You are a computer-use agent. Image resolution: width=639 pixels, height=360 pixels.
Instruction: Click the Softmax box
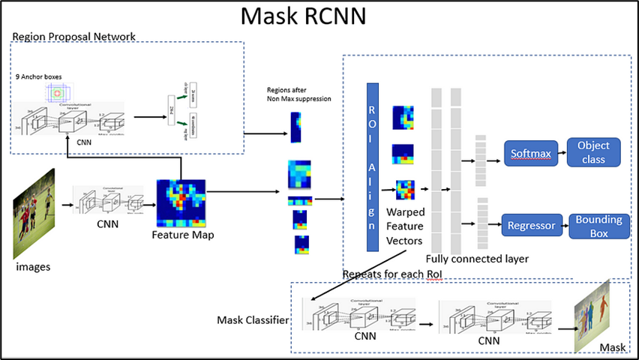(531, 154)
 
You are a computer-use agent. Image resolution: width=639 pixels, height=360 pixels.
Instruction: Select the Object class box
(594, 152)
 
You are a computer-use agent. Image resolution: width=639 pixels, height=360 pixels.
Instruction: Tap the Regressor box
(531, 224)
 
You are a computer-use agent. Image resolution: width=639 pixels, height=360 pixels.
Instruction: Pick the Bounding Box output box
(598, 226)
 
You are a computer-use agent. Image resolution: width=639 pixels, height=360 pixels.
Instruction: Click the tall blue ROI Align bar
(373, 166)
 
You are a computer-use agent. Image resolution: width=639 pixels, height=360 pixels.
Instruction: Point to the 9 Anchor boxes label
(39, 76)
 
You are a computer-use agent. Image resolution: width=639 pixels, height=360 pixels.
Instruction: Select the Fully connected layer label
(477, 259)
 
